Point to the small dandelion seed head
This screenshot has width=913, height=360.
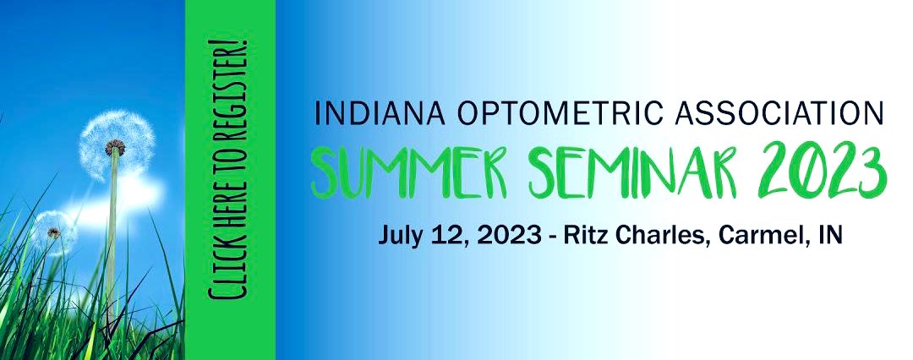[x=52, y=228]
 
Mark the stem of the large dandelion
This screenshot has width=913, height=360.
[x=111, y=245]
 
